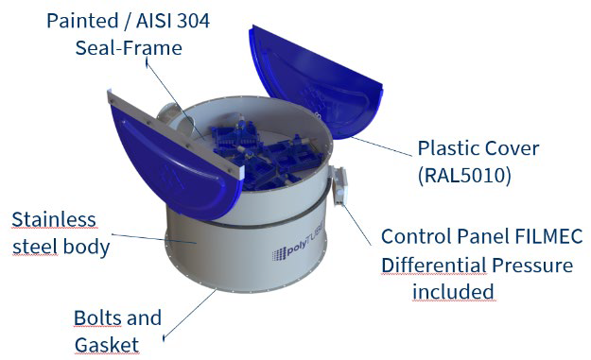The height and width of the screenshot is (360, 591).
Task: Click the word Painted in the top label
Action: pos(82,21)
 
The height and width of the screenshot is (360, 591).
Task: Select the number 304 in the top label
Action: pos(193,21)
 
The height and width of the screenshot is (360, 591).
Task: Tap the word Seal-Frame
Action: pos(129,48)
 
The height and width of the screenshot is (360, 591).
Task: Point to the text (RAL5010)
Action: pos(464,176)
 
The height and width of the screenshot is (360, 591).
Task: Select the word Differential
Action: pos(434,266)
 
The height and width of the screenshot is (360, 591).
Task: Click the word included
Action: pos(453,291)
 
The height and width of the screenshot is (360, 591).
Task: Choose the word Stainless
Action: pos(54,219)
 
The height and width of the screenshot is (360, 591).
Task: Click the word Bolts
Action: pos(96,317)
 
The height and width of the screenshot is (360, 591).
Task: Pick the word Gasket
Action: pos(107,345)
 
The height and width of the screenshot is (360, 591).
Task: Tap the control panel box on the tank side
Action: pos(339,185)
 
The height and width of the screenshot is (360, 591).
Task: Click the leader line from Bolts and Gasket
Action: pos(189,314)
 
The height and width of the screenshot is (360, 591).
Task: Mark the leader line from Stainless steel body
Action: pos(154,239)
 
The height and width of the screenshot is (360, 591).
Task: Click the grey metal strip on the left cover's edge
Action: pos(174,133)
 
